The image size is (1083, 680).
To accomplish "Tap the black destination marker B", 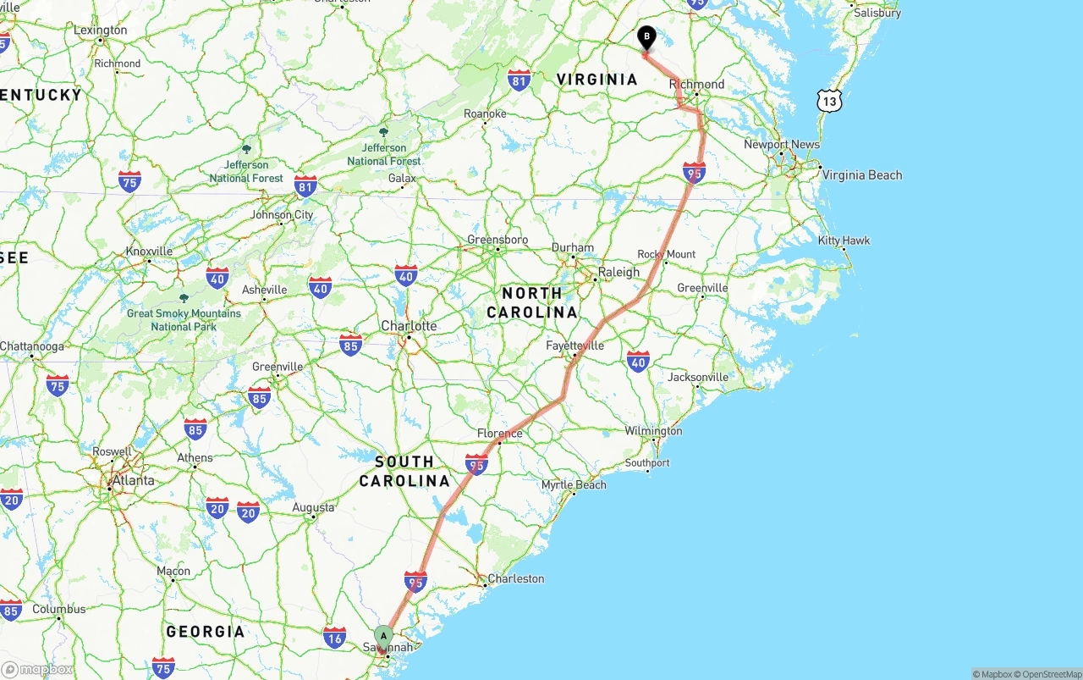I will tap(646, 38).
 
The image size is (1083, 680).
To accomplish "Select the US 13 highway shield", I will tap(829, 101).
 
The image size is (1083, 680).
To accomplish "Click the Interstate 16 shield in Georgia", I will tap(335, 637).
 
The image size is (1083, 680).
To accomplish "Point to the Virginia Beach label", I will tap(862, 175).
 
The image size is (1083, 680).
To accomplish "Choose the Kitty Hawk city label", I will tap(844, 240).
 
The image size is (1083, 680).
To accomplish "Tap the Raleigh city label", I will tap(618, 273).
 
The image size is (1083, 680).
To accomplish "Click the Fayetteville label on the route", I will tap(575, 346).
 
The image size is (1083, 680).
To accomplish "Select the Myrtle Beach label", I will tap(574, 485).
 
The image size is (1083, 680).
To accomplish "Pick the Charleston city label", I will tap(515, 579).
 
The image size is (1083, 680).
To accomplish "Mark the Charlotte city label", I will tap(409, 326).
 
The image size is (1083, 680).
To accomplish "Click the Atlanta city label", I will tap(133, 481).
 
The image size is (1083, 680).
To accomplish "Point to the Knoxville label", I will tap(149, 252).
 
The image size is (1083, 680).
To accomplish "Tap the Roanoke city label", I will tap(485, 113).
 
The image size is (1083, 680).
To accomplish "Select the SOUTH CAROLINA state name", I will tap(404, 472).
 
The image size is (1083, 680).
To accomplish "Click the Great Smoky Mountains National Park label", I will tap(184, 320).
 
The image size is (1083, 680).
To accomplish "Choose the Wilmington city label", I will tap(653, 431).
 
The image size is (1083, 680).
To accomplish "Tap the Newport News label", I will tap(781, 145).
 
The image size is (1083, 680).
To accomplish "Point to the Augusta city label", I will tap(313, 508).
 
